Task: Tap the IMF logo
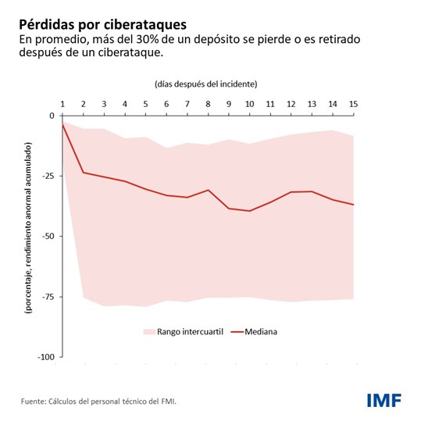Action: point(384,400)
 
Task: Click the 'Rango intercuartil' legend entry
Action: point(183,331)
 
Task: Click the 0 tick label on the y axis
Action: point(52,116)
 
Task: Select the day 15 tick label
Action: point(353,103)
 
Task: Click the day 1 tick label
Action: point(62,103)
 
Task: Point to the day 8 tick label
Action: point(208,103)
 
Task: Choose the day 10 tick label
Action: point(249,103)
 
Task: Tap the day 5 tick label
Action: point(145,103)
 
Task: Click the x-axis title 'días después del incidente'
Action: point(206,83)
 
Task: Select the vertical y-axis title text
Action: point(27,227)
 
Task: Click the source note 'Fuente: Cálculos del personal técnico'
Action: point(99,401)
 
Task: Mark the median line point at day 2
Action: point(84,173)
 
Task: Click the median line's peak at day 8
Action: point(208,190)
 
